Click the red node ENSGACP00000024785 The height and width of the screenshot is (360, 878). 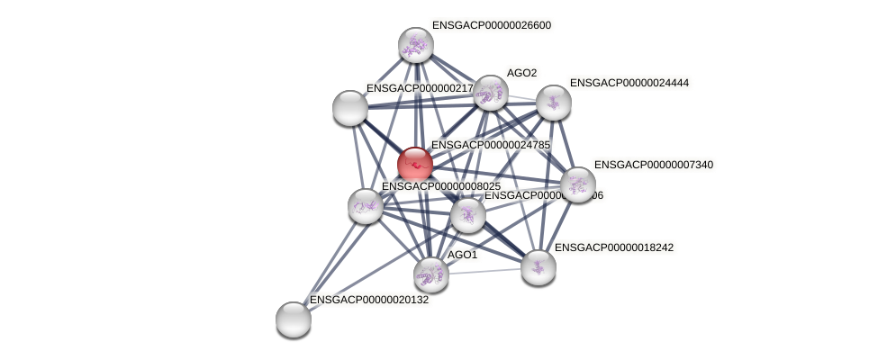point(415,165)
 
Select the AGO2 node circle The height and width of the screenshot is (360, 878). point(491,92)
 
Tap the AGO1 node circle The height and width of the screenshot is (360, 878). point(431,274)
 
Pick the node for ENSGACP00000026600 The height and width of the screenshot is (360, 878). point(416,44)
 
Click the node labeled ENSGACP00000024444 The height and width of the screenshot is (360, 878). point(554,102)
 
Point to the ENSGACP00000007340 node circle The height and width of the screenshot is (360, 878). point(577,184)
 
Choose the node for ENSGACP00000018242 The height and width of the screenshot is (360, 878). point(539,266)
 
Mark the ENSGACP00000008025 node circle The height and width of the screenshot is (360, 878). point(366,205)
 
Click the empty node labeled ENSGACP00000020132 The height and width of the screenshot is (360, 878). point(294,319)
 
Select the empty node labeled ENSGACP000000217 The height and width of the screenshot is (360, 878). point(350,108)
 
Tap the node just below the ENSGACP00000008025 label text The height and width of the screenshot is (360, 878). point(467,215)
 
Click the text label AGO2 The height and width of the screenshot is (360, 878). point(521,73)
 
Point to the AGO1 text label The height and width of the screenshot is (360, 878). point(462,256)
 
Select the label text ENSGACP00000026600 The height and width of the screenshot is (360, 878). point(492,25)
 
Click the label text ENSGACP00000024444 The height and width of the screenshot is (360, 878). point(629,83)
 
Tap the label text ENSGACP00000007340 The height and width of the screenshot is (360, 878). point(654,165)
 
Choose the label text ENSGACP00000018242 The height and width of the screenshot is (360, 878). point(613,247)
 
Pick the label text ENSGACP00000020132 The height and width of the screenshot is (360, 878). point(369,300)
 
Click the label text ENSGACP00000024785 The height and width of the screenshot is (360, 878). point(491,145)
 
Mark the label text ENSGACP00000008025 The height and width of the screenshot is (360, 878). point(441,186)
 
